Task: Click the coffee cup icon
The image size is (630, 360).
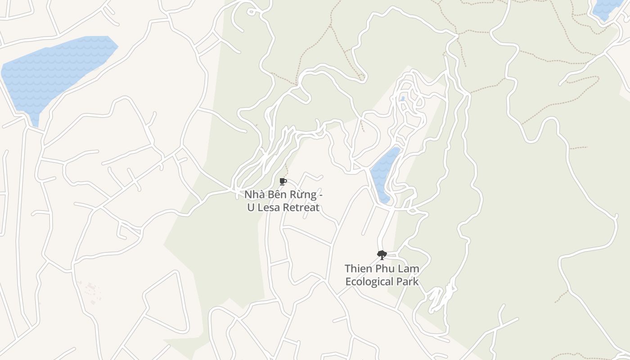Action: click(x=283, y=181)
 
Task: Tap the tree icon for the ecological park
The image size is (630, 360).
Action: click(x=382, y=255)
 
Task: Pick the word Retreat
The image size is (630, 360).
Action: click(x=301, y=207)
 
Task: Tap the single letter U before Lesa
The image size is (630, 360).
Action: click(x=251, y=207)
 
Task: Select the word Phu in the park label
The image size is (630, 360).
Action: click(x=386, y=269)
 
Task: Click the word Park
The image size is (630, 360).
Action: click(x=408, y=282)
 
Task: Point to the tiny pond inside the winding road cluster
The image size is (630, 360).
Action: click(x=403, y=98)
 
